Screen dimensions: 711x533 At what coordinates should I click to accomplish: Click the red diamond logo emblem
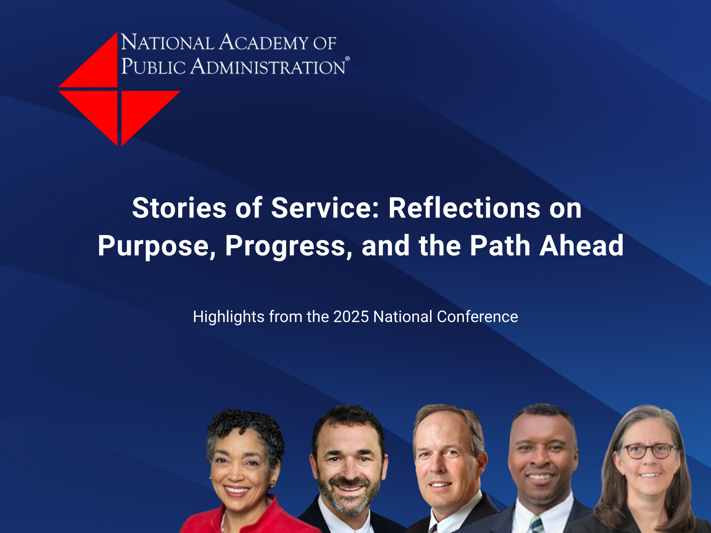pos(119,89)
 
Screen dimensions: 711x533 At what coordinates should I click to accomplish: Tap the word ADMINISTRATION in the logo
pos(268,66)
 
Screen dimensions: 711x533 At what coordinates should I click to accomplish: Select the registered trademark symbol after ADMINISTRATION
pos(347,59)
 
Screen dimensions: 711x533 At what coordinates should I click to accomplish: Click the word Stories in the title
pos(179,208)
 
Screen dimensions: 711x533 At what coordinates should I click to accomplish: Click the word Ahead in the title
pos(581,245)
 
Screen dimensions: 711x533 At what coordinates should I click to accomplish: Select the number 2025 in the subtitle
pos(351,317)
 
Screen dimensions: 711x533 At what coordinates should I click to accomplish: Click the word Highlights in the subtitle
pos(229,317)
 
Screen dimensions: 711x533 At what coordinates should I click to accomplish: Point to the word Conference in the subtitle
pos(477,317)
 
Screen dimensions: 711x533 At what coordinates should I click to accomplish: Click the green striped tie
pos(537,524)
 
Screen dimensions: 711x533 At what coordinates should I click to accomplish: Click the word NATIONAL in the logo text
pos(168,42)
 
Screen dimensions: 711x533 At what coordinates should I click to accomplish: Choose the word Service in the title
pos(325,208)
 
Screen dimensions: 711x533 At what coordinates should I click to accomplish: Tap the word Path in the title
pos(500,245)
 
